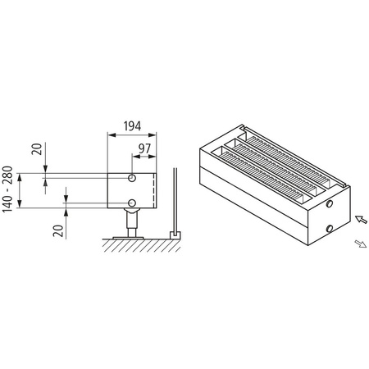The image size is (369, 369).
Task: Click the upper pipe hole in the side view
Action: click(x=132, y=178)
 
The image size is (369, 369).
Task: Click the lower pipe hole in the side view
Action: click(x=132, y=203)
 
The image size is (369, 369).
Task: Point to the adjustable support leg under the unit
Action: click(x=130, y=220)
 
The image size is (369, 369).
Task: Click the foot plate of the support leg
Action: click(x=130, y=235)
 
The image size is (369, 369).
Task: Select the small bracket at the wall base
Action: click(x=174, y=235)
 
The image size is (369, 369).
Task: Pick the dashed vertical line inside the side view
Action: click(x=153, y=190)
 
